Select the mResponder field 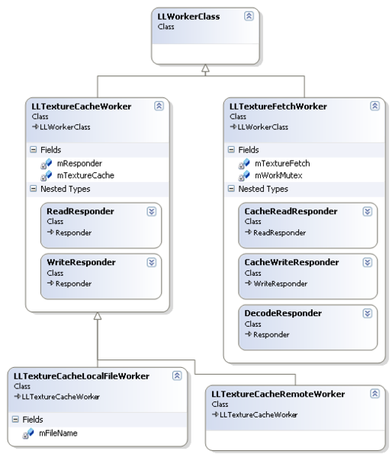79,163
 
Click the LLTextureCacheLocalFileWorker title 82,376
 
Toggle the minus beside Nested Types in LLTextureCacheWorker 32,189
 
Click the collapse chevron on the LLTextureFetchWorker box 374,107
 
